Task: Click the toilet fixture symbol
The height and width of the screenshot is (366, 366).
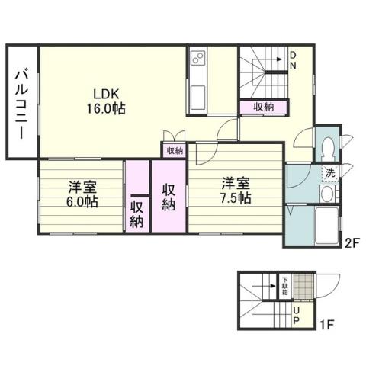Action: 328,146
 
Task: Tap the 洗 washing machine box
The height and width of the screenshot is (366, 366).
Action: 330,172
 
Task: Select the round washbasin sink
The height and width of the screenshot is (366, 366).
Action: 327,195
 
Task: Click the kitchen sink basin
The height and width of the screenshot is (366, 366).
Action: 197,97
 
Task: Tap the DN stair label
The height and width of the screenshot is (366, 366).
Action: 293,60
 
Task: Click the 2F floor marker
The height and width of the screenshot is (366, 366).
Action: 351,244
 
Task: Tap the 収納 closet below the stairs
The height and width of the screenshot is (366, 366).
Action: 264,108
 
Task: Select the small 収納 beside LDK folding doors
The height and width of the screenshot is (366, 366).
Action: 173,151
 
